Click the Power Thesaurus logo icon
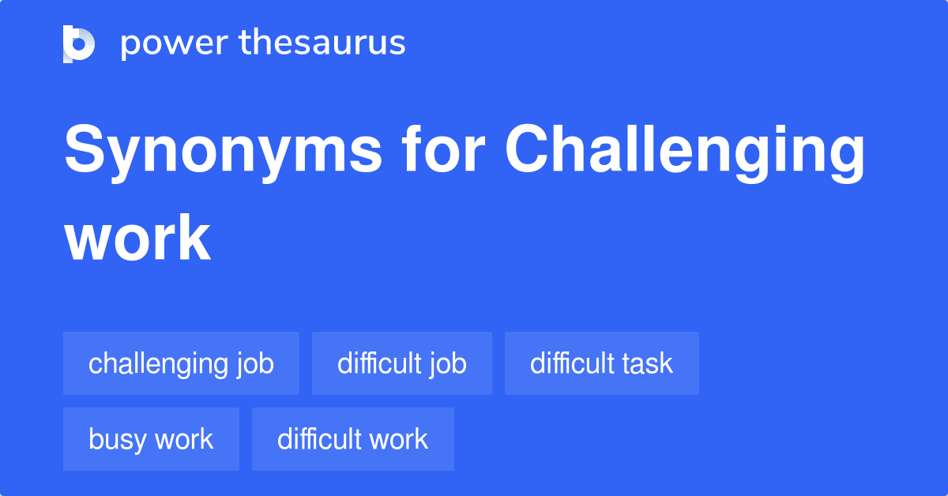[79, 43]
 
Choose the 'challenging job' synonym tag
[181, 363]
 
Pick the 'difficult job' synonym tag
[401, 363]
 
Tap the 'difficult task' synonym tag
[601, 363]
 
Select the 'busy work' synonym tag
[151, 439]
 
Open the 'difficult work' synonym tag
[352, 439]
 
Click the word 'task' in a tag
[645, 363]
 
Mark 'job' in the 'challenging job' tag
[254, 364]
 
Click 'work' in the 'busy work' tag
[183, 439]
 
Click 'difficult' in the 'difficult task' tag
[569, 363]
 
